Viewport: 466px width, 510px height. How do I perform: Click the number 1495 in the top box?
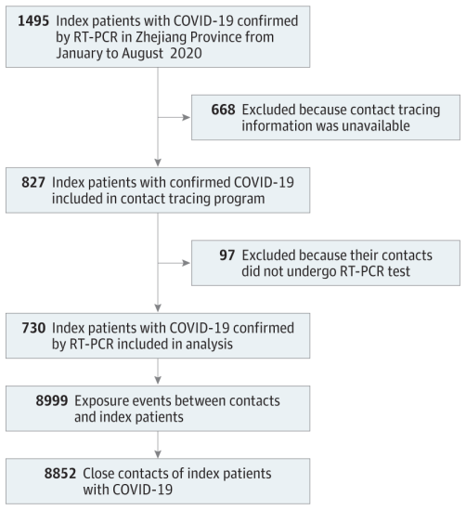tap(33, 21)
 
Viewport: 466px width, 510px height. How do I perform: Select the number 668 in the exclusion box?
tap(223, 110)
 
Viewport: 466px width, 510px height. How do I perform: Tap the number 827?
tap(33, 182)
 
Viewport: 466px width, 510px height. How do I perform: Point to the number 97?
tap(227, 255)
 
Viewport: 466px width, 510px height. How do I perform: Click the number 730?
tap(33, 328)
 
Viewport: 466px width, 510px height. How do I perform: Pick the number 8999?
tap(52, 400)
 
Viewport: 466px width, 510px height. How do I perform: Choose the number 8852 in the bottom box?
tap(60, 474)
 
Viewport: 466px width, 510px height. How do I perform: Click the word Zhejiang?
tap(162, 38)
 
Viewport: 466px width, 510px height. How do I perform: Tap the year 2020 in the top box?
tap(186, 53)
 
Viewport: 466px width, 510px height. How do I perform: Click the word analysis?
tap(209, 345)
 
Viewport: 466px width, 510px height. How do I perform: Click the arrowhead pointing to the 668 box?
tap(187, 117)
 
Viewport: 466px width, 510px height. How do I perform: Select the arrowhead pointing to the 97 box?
tap(187, 263)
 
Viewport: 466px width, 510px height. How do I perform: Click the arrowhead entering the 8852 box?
tap(158, 454)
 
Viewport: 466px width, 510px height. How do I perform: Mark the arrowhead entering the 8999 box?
tap(158, 380)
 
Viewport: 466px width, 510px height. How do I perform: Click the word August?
tap(143, 54)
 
